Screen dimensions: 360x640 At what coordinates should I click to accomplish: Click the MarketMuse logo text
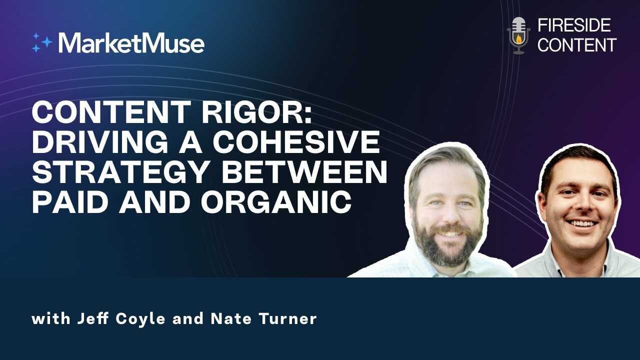[131, 43]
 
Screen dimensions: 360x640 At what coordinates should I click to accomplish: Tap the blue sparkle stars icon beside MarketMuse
[42, 43]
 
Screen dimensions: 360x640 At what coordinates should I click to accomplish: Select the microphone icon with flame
[518, 35]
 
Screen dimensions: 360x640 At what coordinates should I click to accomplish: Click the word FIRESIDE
[573, 25]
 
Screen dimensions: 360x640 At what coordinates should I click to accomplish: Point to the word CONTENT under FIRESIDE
[576, 45]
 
